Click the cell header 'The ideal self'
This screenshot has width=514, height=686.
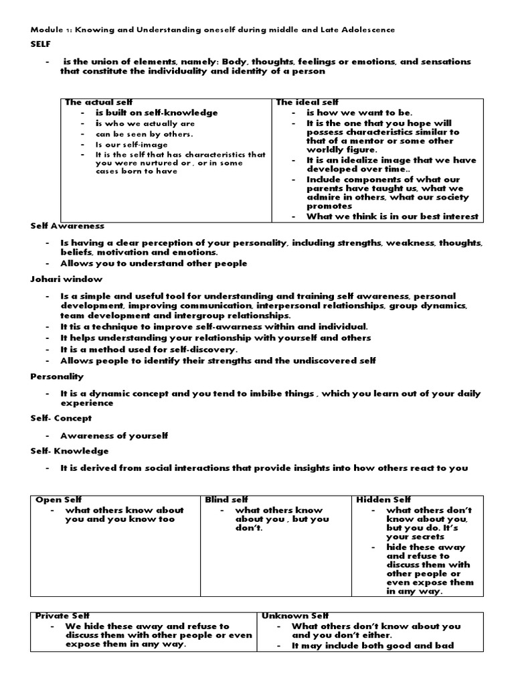coord(298,102)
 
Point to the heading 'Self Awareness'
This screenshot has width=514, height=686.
coord(67,226)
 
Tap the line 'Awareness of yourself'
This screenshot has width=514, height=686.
coord(114,435)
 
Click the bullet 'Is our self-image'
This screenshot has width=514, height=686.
coord(128,144)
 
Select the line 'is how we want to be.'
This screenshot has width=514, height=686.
coord(360,113)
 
